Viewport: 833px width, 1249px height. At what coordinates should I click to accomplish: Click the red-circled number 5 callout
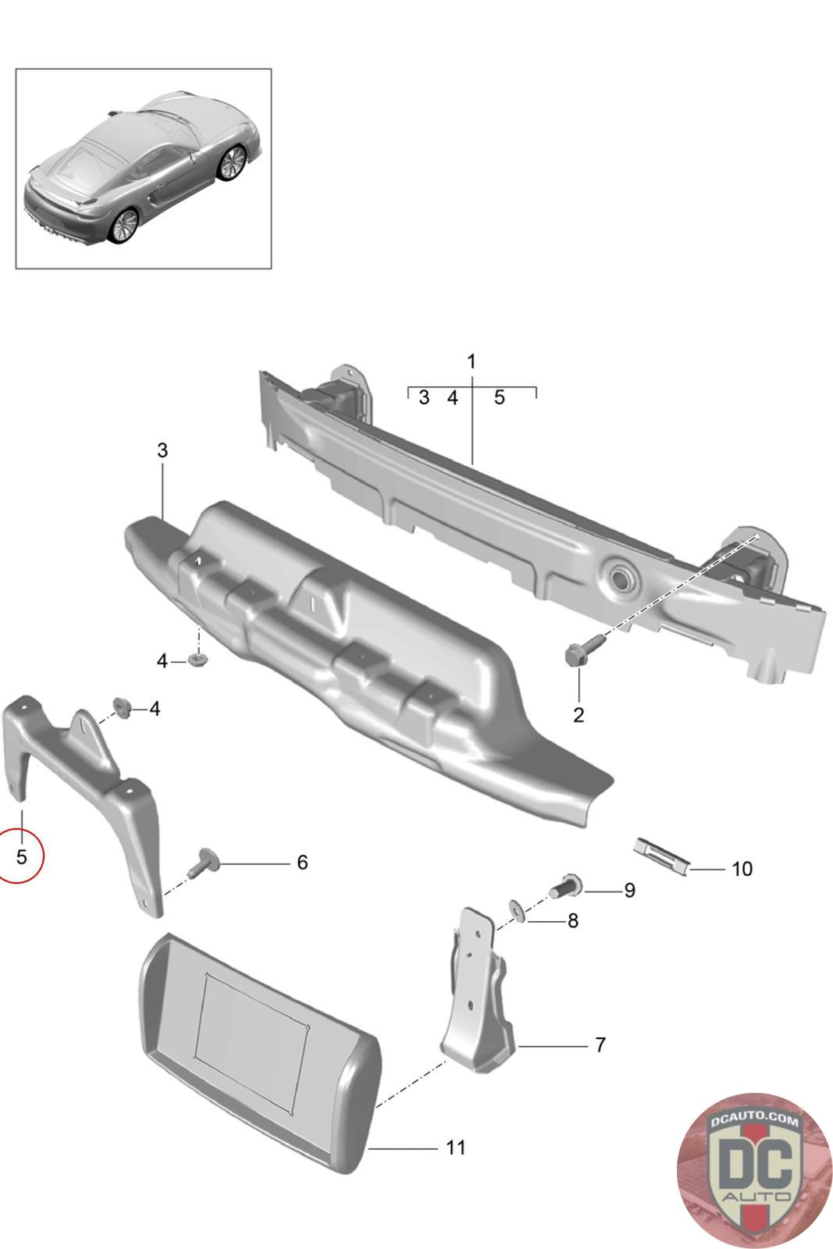tap(21, 856)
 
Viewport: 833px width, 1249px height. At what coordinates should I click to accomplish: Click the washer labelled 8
tap(516, 909)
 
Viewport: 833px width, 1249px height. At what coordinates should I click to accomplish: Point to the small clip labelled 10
tap(662, 854)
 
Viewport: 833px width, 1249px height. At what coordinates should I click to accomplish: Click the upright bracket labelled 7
tap(479, 991)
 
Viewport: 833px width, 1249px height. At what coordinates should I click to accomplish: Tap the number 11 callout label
tap(455, 1147)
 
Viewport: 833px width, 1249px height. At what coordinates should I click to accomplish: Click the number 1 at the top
tap(471, 361)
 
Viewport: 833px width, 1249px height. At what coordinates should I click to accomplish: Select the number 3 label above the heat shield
tap(162, 450)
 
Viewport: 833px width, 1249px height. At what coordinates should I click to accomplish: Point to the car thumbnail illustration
tap(144, 169)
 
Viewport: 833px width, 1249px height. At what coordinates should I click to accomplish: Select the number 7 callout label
tap(600, 1044)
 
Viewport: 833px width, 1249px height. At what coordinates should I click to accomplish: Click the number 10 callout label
tap(742, 868)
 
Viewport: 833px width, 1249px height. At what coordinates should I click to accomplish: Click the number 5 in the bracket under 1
tap(499, 397)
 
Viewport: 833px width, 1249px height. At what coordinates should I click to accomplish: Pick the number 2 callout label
tap(578, 714)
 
